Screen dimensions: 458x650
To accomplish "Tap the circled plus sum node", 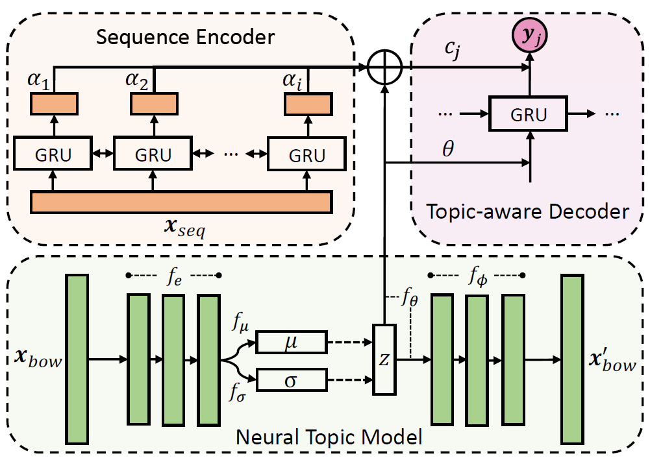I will point(385,67).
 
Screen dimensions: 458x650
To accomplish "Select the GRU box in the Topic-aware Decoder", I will point(527,115).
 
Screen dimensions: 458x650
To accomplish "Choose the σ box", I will point(291,380).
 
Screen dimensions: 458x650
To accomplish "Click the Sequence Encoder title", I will point(185,37).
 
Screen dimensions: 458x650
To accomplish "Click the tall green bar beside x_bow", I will point(77,359).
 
